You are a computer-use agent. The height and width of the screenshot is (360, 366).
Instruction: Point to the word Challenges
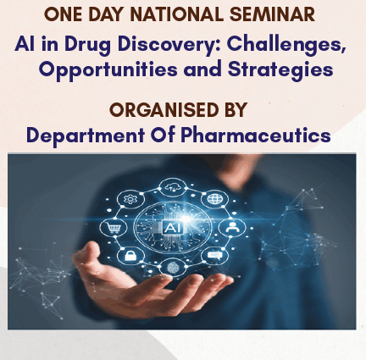point(286,44)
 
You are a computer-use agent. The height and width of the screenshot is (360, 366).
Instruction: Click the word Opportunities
point(108,69)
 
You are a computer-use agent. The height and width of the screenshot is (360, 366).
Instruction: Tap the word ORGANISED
point(164,110)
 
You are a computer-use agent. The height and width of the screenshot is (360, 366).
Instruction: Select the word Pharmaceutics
point(256,135)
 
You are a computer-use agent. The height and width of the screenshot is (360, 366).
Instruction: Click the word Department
point(86,136)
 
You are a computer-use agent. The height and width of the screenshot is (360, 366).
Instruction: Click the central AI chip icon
point(173,228)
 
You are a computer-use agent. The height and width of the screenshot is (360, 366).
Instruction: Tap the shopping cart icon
point(114,227)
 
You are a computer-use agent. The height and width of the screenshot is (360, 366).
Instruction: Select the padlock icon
point(130,255)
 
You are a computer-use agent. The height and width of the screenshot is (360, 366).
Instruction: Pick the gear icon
point(130,199)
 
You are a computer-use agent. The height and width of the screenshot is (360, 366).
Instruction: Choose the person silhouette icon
point(231,227)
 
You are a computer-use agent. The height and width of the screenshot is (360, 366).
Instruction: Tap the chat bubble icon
point(214,256)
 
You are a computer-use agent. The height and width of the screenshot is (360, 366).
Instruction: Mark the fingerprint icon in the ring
point(173,268)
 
